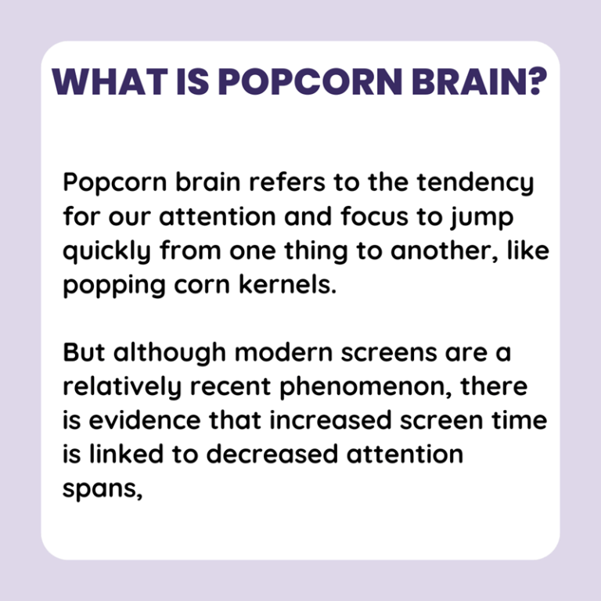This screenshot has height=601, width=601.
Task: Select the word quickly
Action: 110,253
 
